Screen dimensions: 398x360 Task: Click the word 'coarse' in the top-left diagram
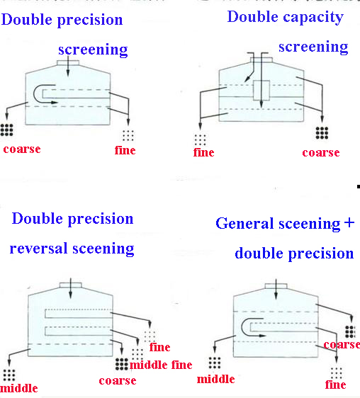(21, 149)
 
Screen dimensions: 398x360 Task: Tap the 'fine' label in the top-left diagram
(125, 150)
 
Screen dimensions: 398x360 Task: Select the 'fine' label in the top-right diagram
(203, 152)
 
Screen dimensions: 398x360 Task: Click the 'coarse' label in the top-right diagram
(320, 153)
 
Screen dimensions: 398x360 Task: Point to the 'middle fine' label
(160, 365)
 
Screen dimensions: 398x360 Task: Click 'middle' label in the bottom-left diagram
(19, 388)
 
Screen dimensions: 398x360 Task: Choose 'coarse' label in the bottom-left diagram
(118, 380)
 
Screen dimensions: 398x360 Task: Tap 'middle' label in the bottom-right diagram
(215, 379)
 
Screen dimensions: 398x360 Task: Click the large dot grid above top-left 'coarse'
(9, 130)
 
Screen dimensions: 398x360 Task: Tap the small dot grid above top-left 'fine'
(128, 135)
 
